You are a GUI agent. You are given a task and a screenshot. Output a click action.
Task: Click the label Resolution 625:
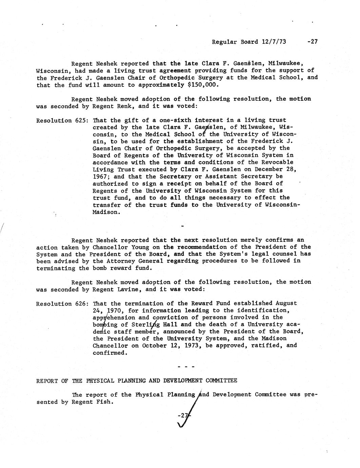pos(63,120)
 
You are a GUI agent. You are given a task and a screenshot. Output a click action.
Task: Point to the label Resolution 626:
pos(63,304)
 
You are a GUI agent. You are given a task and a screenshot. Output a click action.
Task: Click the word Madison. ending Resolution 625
pos(106,212)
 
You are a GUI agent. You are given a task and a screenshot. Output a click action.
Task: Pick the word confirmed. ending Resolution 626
pos(110,353)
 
